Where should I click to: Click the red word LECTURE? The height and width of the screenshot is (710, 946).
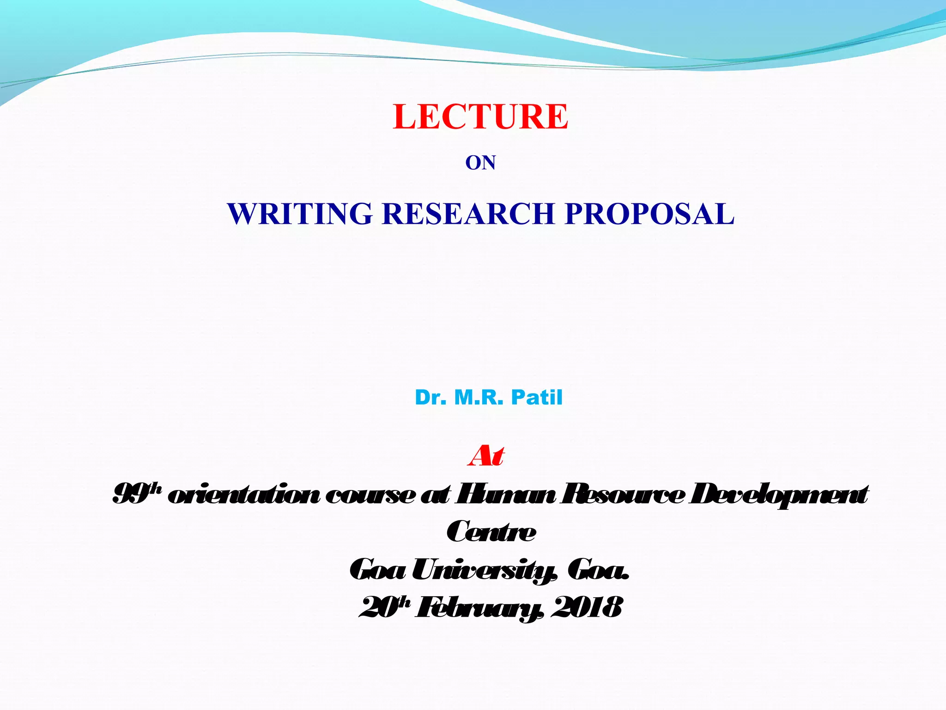click(x=480, y=116)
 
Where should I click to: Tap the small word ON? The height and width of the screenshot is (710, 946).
click(x=480, y=163)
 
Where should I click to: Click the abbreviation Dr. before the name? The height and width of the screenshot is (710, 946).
click(x=431, y=398)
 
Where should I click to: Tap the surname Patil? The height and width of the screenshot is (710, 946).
click(x=537, y=398)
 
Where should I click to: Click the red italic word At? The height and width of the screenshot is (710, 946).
click(x=486, y=456)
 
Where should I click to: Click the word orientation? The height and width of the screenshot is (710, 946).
click(x=243, y=495)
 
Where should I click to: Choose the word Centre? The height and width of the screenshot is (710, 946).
click(x=491, y=532)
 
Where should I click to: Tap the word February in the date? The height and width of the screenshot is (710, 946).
click(x=479, y=608)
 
